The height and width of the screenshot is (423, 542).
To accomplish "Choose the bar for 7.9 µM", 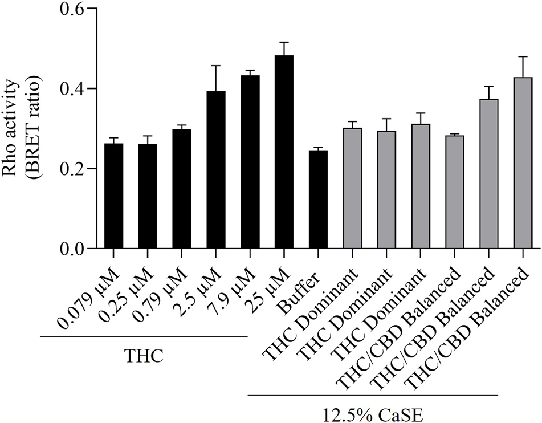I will [250, 162].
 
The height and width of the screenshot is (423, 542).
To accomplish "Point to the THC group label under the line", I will [144, 356].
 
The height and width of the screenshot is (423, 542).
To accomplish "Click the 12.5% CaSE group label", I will [373, 412].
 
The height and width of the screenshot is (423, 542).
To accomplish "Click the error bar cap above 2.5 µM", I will [216, 66].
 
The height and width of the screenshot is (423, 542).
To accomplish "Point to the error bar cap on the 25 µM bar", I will [284, 42].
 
